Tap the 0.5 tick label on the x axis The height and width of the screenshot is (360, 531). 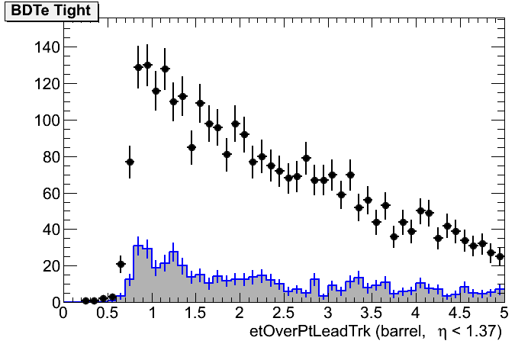click(108, 313)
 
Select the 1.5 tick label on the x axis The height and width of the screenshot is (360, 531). click(195, 313)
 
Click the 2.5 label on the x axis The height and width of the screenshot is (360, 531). click(284, 313)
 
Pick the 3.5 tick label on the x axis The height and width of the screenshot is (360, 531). click(372, 313)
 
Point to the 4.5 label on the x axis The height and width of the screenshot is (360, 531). click(460, 313)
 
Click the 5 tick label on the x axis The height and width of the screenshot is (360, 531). click(504, 313)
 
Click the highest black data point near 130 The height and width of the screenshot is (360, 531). click(147, 66)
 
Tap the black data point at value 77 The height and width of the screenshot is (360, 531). click(130, 162)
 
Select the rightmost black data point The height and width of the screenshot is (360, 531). click(500, 257)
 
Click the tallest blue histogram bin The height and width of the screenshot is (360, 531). click(138, 247)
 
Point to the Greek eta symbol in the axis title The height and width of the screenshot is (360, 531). click(442, 333)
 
